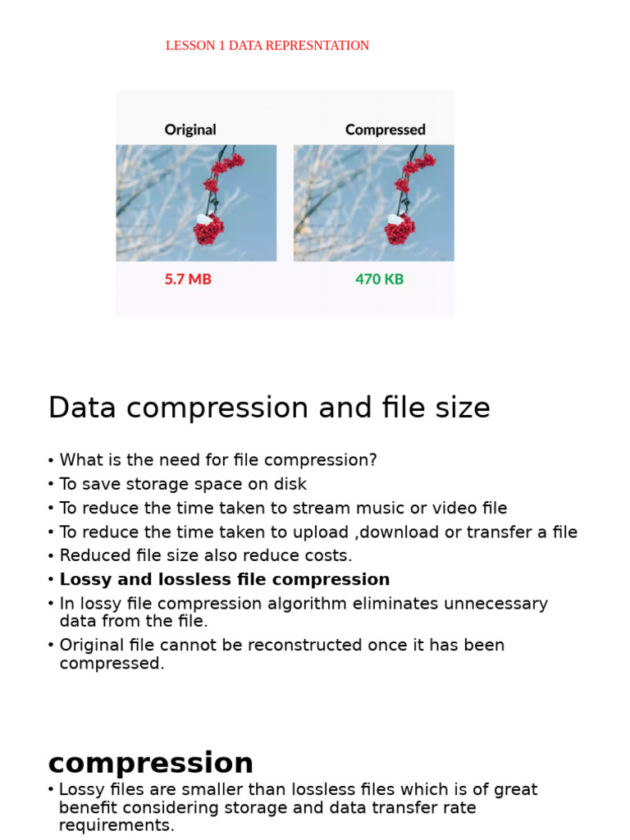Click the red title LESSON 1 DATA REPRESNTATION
267,46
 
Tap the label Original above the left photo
190,130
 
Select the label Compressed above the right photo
386,130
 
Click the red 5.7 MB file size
188,279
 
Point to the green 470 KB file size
379,279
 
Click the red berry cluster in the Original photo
209,229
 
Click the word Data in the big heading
79,408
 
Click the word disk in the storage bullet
290,484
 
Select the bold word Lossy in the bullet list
86,580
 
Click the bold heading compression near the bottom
151,763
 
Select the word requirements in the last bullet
114,825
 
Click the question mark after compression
372,460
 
